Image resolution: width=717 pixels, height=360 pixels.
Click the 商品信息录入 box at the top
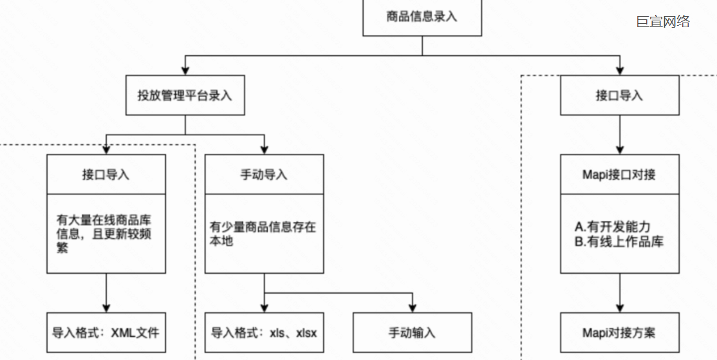(422, 17)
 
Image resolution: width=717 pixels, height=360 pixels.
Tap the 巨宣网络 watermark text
(663, 21)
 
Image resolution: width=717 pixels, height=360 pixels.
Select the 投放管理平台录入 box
(185, 95)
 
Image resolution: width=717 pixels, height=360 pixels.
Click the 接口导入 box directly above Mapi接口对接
(619, 95)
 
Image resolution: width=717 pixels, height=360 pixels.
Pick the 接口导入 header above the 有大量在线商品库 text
(106, 175)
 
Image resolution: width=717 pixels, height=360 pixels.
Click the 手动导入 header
(264, 175)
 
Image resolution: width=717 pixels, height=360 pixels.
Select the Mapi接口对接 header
(619, 175)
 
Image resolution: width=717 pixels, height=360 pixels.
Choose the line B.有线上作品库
(619, 242)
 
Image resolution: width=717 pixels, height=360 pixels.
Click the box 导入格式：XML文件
(106, 333)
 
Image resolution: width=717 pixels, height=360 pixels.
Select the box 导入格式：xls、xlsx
(264, 333)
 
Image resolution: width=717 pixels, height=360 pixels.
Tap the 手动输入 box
(412, 333)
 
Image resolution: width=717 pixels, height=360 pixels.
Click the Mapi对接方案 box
(619, 333)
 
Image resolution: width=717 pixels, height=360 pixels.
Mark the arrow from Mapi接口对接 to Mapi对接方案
(619, 292)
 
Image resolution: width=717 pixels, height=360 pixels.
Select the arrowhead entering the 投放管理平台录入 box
(185, 70)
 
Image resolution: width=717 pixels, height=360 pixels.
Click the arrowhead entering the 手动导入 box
(264, 149)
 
